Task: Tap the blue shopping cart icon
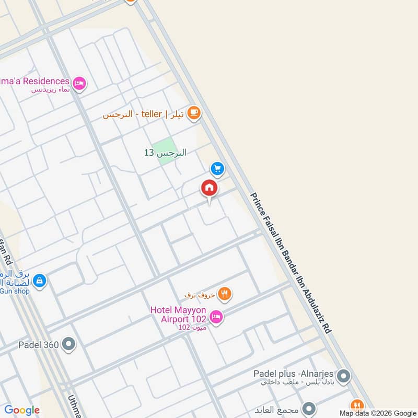point(217,168)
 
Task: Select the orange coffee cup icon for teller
point(194,113)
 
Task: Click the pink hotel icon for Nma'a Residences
point(79,83)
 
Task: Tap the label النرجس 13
point(165,153)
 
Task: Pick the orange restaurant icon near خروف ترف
point(225,294)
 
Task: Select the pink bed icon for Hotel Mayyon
point(216,317)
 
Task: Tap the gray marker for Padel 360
point(68,344)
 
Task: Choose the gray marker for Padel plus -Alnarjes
point(343,376)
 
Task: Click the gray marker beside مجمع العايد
point(309,408)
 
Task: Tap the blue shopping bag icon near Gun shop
point(39,281)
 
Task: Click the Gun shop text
point(14,291)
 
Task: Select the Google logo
point(22,410)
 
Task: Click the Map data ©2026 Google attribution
point(377,413)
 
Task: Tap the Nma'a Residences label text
point(34,81)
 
